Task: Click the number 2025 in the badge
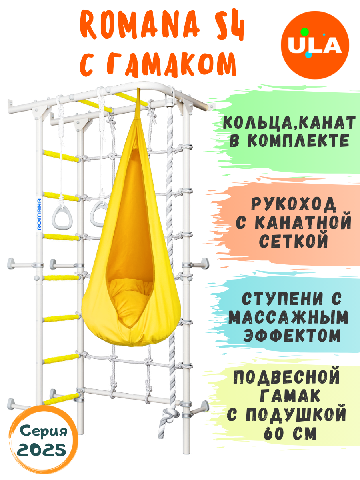pyautogui.click(x=42, y=451)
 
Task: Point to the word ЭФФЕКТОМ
pyautogui.click(x=292, y=335)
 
